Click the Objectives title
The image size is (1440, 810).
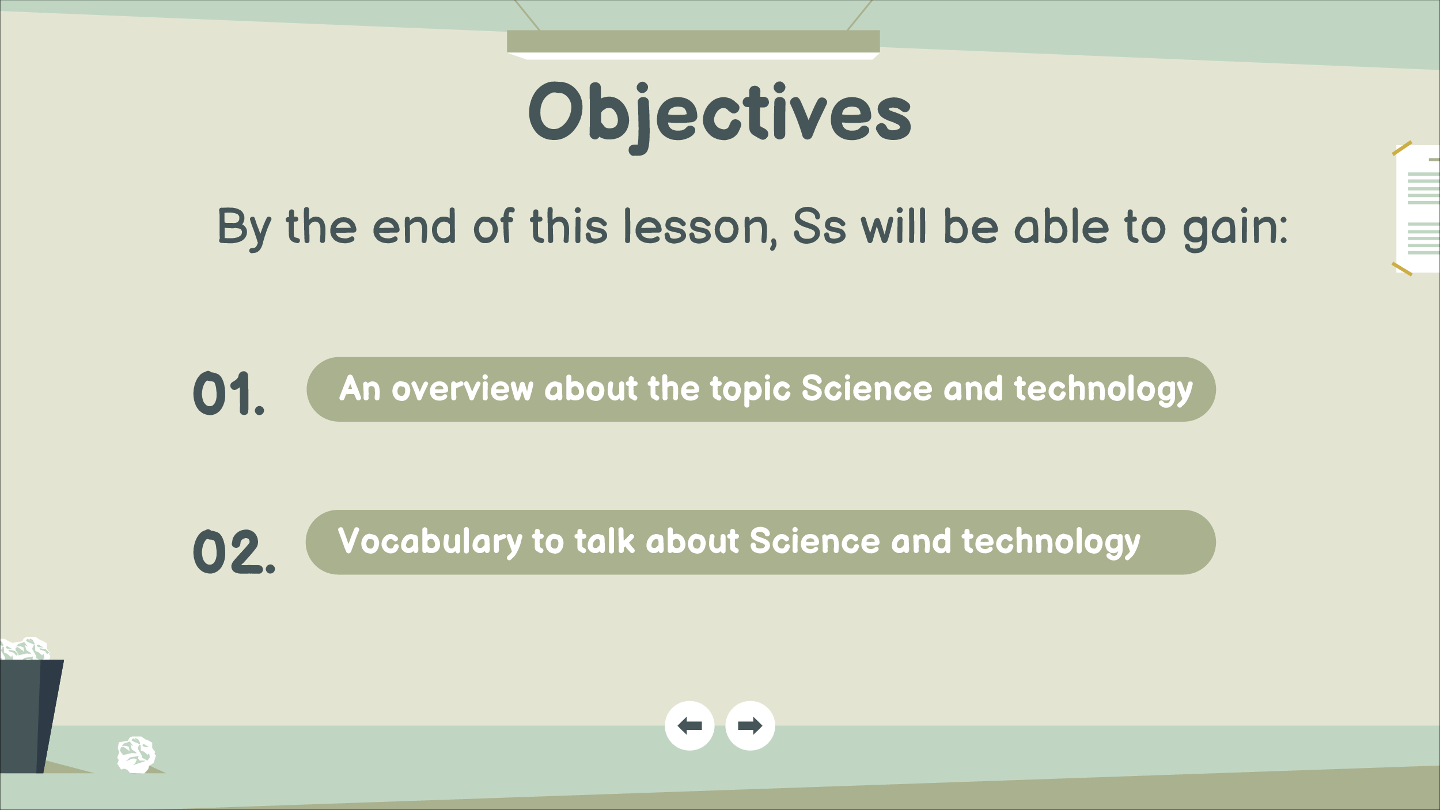pyautogui.click(x=720, y=115)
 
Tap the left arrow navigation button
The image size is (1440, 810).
pyautogui.click(x=689, y=726)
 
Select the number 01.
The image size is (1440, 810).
pyautogui.click(x=229, y=393)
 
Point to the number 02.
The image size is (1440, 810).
pyautogui.click(x=234, y=552)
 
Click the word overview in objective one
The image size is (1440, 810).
pyautogui.click(x=463, y=389)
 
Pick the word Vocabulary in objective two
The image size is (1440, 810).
pyautogui.click(x=430, y=543)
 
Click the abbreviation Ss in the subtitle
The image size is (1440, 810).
pyautogui.click(x=819, y=226)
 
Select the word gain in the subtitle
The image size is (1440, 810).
pyautogui.click(x=1235, y=229)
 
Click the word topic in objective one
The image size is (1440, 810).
pyautogui.click(x=750, y=390)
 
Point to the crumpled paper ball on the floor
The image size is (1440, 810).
pyautogui.click(x=136, y=755)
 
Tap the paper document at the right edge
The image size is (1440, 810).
pyautogui.click(x=1418, y=209)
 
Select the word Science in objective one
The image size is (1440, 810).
pyautogui.click(x=867, y=389)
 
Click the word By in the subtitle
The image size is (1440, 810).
pyautogui.click(x=244, y=229)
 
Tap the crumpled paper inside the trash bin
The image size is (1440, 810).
pyautogui.click(x=25, y=649)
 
